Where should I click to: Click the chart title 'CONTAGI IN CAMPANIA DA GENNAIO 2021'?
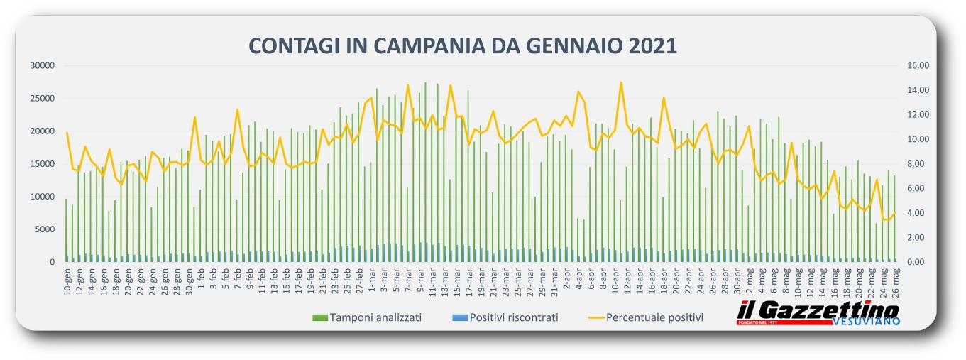pyautogui.click(x=463, y=45)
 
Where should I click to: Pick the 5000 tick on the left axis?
pyautogui.click(x=43, y=229)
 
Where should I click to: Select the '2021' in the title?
pyautogui.click(x=653, y=45)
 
